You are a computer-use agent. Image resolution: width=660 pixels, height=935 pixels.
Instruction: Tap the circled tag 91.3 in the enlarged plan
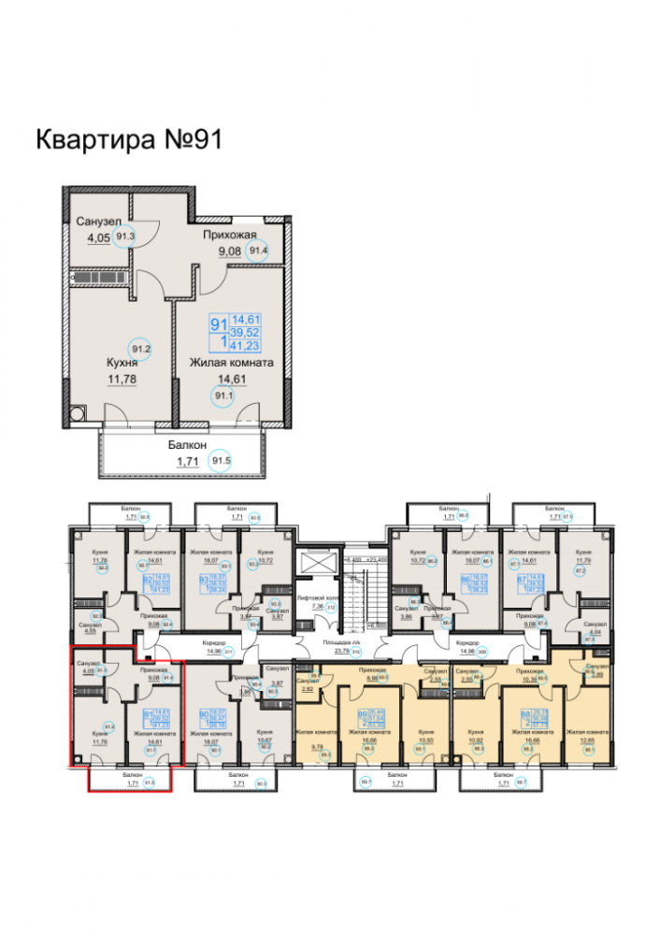pos(126,237)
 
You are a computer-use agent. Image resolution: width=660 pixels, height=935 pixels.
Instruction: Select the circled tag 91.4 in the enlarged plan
pos(257,250)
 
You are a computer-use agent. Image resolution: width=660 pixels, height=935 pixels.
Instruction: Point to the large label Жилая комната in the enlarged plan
pos(231,362)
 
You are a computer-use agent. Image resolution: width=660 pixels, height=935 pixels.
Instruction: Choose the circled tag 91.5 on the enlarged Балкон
pos(222,461)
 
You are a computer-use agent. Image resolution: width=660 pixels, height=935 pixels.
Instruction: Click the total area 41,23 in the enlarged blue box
pos(246,346)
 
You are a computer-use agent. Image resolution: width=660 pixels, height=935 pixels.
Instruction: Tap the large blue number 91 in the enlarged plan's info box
pos(220,324)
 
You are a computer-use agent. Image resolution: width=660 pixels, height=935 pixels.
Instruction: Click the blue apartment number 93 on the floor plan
pos(204,581)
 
